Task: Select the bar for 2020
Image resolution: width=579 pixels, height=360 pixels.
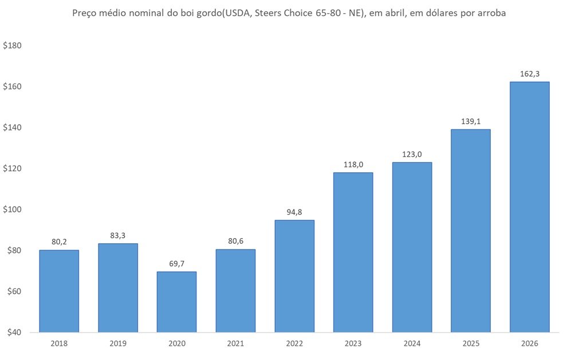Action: (x=176, y=302)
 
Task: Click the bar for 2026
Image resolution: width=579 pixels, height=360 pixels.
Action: (x=529, y=207)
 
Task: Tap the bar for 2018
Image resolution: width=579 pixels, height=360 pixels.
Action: (x=59, y=291)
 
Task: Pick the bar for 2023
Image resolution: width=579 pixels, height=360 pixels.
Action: (x=353, y=252)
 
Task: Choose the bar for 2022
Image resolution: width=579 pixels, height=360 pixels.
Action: (x=294, y=276)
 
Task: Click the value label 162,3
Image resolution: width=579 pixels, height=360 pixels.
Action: (x=529, y=74)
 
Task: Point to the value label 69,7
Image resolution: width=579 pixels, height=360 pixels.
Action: (x=176, y=263)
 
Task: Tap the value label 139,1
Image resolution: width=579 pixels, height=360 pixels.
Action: (x=470, y=121)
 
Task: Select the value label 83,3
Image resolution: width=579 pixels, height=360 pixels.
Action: (x=118, y=235)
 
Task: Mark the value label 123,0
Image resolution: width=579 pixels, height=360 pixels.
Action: (x=412, y=154)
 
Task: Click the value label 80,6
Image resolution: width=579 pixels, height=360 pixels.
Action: (x=235, y=241)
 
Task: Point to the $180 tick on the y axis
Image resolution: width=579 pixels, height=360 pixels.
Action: (x=12, y=46)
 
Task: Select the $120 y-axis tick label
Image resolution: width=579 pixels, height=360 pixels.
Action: (x=12, y=169)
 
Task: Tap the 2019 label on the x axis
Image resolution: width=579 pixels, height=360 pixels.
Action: (x=118, y=343)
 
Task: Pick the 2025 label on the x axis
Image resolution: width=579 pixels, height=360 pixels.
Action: (x=470, y=343)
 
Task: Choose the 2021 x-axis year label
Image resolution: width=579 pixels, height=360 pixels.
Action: (x=235, y=343)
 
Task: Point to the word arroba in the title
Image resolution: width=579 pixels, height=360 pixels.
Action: (x=490, y=13)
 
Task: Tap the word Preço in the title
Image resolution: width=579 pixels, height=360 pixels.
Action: (x=85, y=13)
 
